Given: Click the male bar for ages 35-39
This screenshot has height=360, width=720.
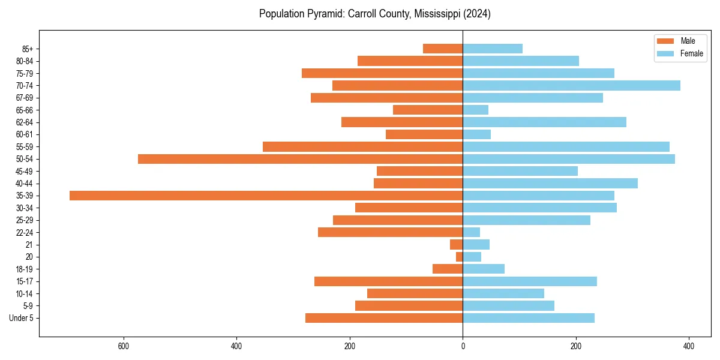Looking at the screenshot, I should [266, 196].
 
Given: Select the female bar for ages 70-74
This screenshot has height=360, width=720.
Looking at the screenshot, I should [571, 86].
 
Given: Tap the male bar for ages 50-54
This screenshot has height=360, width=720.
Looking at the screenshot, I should [300, 159].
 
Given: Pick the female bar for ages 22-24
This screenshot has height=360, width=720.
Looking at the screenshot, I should [471, 232].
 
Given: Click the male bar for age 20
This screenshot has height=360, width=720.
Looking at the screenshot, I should [459, 257].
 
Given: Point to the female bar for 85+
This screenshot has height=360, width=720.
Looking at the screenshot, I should [492, 49].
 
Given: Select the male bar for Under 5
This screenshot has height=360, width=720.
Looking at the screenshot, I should [384, 318].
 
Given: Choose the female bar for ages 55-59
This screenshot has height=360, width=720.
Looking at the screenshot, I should [566, 147].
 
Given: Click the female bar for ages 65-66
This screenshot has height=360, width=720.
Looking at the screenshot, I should [475, 110].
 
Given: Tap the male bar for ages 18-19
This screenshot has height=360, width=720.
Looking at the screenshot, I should [448, 269].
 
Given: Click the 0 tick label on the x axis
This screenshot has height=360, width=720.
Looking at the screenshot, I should [463, 346].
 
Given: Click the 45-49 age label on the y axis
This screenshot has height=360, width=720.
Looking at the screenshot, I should [25, 171].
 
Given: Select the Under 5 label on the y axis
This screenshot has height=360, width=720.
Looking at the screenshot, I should [21, 318].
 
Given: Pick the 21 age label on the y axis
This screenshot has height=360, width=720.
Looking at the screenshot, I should [29, 245].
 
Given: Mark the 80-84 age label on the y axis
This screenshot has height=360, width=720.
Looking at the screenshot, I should [25, 61].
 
